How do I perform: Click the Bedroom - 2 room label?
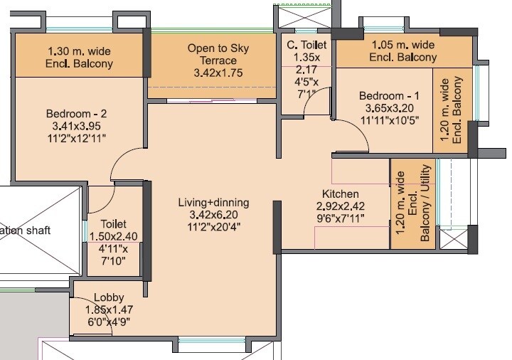tap(76, 114)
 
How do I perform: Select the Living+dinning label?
tap(210, 203)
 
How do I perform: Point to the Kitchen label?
tap(341, 194)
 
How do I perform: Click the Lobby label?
tap(110, 297)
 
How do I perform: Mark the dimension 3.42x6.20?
tap(210, 215)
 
